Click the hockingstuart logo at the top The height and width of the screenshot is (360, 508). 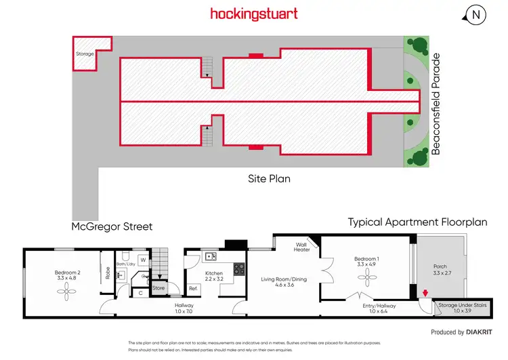[x=254, y=14]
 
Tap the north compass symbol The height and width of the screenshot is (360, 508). [x=478, y=14]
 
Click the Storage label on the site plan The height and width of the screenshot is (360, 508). [x=85, y=54]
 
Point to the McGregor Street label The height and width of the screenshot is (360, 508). [x=112, y=226]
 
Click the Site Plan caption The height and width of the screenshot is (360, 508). [x=268, y=180]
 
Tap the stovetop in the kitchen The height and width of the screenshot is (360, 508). [x=239, y=269]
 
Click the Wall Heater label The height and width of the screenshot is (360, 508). [x=302, y=247]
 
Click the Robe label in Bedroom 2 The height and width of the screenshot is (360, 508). [x=108, y=273]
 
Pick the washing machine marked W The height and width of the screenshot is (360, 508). [x=143, y=259]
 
